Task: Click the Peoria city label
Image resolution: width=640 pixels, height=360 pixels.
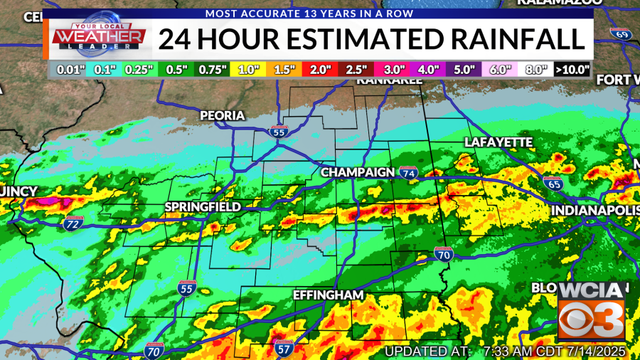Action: tap(222, 115)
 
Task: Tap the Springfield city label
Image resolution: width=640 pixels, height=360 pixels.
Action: tap(203, 207)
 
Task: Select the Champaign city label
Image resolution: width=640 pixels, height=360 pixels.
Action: tap(358, 173)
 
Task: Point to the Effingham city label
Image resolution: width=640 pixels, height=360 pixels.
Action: tap(329, 295)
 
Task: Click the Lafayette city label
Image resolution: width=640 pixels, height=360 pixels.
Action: tap(498, 142)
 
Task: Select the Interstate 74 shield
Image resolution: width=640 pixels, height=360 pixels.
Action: tap(407, 173)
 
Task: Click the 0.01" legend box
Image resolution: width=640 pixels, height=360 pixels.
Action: tap(67, 70)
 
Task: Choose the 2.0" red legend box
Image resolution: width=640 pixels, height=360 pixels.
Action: tap(320, 70)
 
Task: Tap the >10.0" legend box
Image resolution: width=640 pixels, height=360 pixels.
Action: tap(572, 70)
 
